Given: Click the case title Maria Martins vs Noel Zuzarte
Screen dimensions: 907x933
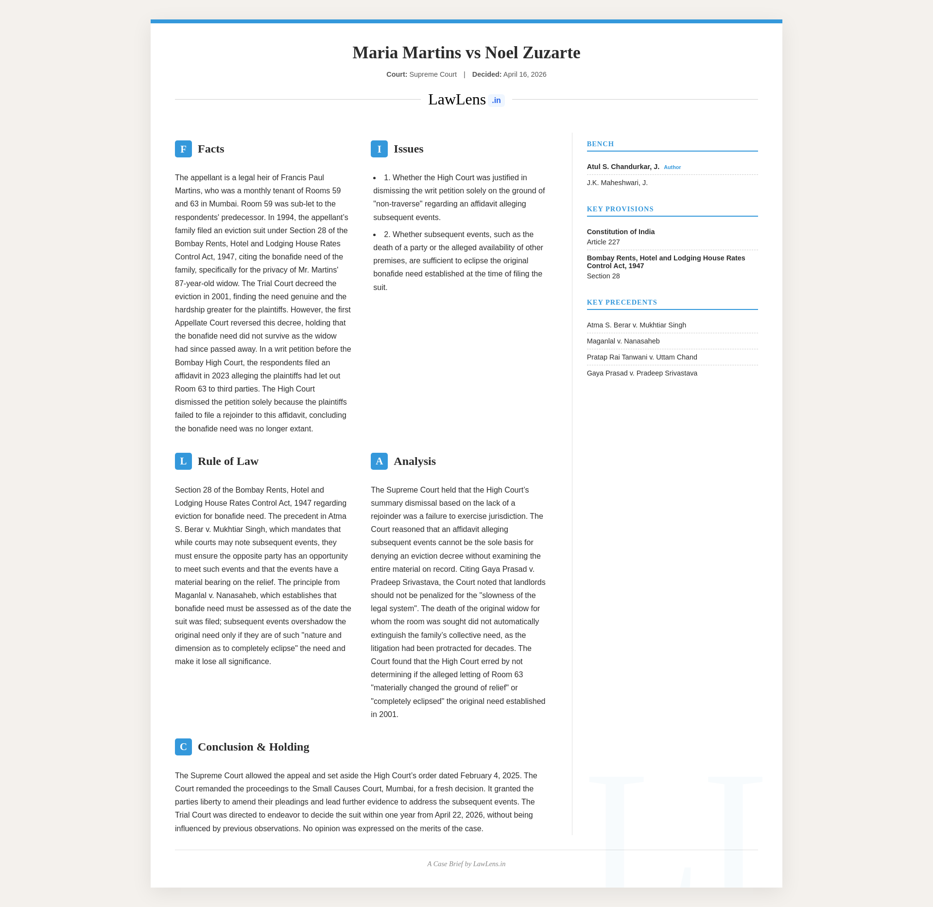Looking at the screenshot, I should (x=466, y=52).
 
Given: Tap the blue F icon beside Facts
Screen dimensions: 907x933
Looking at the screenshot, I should (x=183, y=149).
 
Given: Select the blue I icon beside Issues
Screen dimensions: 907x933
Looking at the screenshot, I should (x=379, y=149).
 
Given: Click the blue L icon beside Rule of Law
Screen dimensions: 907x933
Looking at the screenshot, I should (x=183, y=461).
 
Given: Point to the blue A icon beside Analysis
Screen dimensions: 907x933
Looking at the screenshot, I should (x=379, y=461).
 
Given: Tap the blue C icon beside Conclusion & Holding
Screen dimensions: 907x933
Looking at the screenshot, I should (x=183, y=747).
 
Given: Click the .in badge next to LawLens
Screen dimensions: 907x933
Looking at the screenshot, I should (x=496, y=101).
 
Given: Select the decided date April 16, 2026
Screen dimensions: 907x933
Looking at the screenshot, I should (x=525, y=74).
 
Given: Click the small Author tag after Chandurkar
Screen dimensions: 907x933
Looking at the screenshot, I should (x=672, y=167).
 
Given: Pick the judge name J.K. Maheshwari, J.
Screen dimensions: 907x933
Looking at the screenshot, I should (x=617, y=183).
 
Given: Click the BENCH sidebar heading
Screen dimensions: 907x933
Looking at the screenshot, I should (x=600, y=144).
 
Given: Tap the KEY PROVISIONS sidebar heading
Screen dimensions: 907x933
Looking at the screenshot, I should (x=620, y=209).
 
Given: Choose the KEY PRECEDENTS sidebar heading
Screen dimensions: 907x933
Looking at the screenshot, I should (x=622, y=302).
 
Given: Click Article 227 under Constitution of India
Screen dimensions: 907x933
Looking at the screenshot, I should (x=603, y=242).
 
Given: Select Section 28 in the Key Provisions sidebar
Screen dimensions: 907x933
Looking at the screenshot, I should (x=603, y=276).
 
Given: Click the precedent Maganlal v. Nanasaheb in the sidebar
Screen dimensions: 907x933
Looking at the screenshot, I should (x=623, y=341).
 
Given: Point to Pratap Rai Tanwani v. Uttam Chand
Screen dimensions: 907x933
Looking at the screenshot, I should (x=642, y=357).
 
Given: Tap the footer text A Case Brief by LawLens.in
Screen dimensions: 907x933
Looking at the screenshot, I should (x=466, y=864).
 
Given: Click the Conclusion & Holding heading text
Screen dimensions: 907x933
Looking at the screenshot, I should (x=253, y=747).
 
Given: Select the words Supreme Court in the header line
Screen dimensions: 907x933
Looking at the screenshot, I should (x=433, y=74).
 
